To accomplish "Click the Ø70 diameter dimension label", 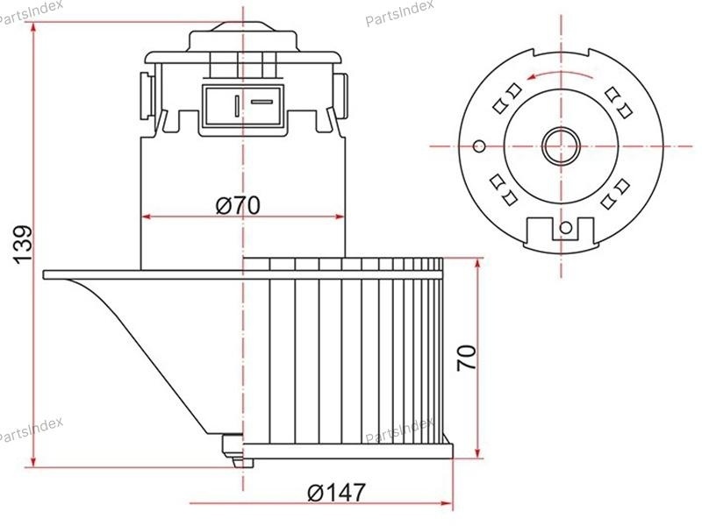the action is pyautogui.click(x=237, y=205).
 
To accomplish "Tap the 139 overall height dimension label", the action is pyautogui.click(x=23, y=245).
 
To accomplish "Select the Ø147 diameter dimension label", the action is pyautogui.click(x=336, y=493).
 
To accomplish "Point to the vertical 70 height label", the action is pyautogui.click(x=467, y=357).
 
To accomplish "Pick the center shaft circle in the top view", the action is pyautogui.click(x=561, y=146).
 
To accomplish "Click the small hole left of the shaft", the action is pyautogui.click(x=479, y=146).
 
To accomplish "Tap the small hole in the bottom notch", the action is pyautogui.click(x=565, y=228).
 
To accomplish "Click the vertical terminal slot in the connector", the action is pyautogui.click(x=237, y=105).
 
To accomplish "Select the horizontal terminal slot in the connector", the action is pyautogui.click(x=261, y=102).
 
